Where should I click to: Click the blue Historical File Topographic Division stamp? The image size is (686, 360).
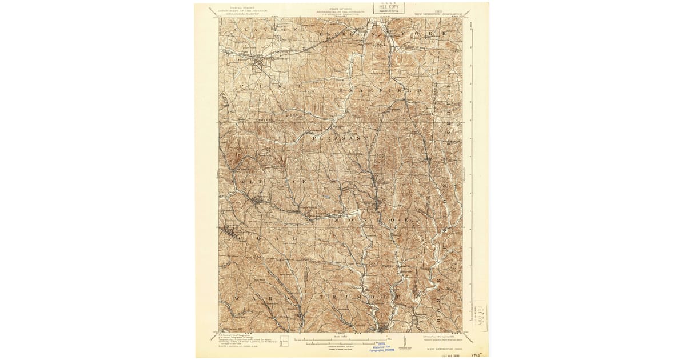383,349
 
